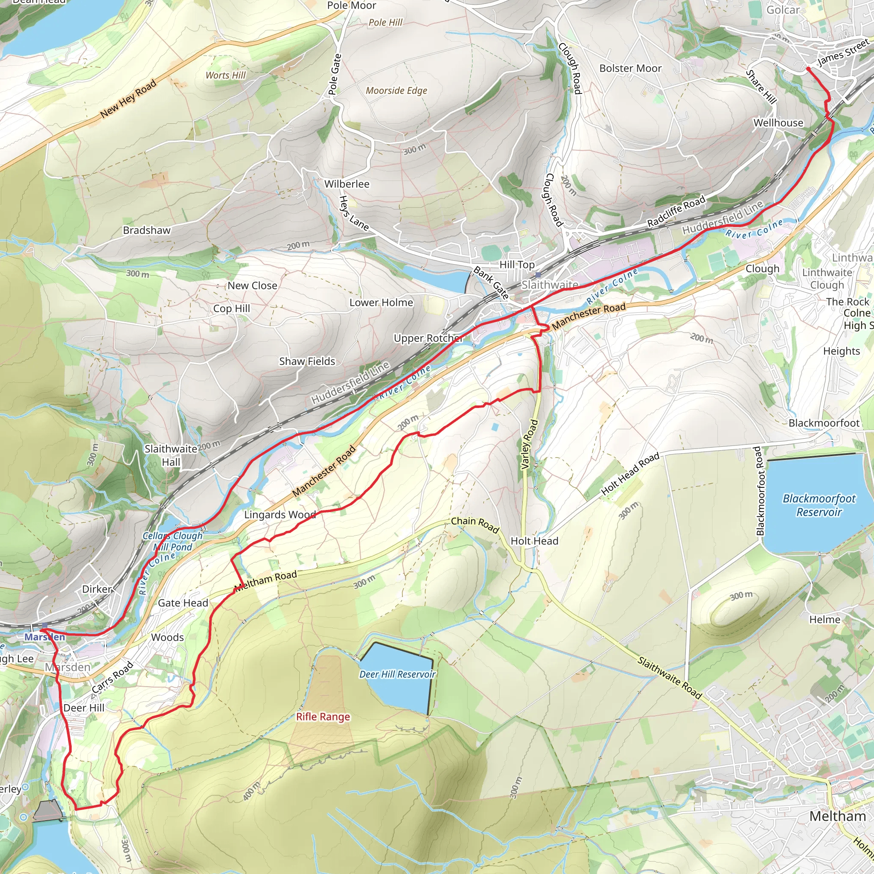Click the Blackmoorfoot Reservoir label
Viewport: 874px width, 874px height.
(819, 505)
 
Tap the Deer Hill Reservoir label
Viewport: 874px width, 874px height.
(397, 674)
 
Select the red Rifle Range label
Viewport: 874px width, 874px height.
(323, 717)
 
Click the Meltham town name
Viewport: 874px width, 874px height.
(837, 816)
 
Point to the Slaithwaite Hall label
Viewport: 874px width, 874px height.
(171, 455)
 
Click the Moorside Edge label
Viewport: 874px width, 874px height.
(396, 90)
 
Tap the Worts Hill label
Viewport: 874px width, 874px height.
(225, 75)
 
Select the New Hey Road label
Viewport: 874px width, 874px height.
(128, 99)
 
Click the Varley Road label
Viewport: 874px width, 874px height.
(529, 444)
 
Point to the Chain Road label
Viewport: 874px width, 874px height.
(475, 525)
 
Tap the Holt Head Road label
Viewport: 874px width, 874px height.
(630, 474)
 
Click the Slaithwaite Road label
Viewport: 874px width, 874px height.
(670, 678)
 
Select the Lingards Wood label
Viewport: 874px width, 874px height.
(280, 514)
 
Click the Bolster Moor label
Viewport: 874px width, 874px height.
(630, 68)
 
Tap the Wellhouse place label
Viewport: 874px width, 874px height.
(778, 122)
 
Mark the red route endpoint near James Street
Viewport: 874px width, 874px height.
(808, 69)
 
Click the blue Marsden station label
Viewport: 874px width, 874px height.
(44, 637)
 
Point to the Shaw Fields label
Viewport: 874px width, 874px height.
(307, 361)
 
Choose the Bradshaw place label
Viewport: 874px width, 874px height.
(146, 230)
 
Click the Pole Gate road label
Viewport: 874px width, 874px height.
(334, 74)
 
